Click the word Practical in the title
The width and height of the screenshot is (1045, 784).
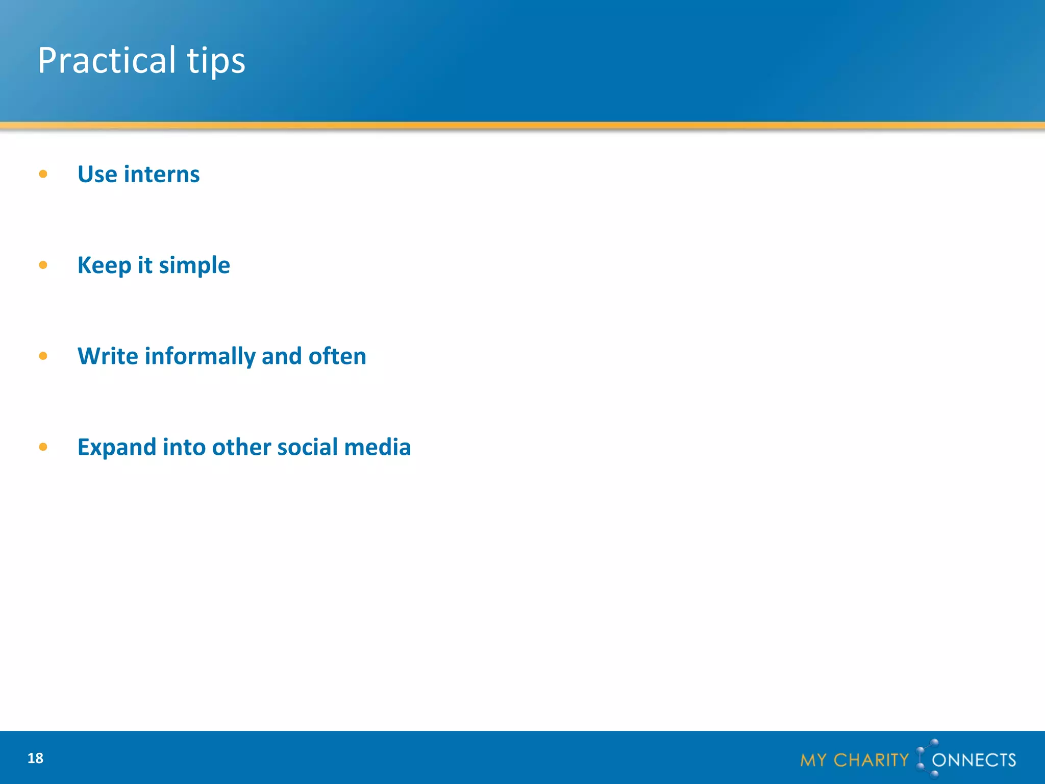(x=107, y=60)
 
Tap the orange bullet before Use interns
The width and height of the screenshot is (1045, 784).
(x=43, y=174)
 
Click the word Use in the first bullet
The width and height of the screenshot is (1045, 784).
(x=97, y=174)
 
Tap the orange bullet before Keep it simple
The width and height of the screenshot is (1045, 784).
(x=43, y=265)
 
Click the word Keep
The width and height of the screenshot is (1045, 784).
(x=104, y=265)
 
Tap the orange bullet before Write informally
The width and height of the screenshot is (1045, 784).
(x=43, y=356)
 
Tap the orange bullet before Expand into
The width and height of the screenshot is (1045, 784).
(x=43, y=447)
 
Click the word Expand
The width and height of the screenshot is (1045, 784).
(x=117, y=448)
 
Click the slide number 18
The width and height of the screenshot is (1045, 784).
(x=35, y=758)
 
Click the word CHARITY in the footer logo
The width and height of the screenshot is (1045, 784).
(x=871, y=760)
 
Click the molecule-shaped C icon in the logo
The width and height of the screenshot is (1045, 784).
(x=925, y=758)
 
